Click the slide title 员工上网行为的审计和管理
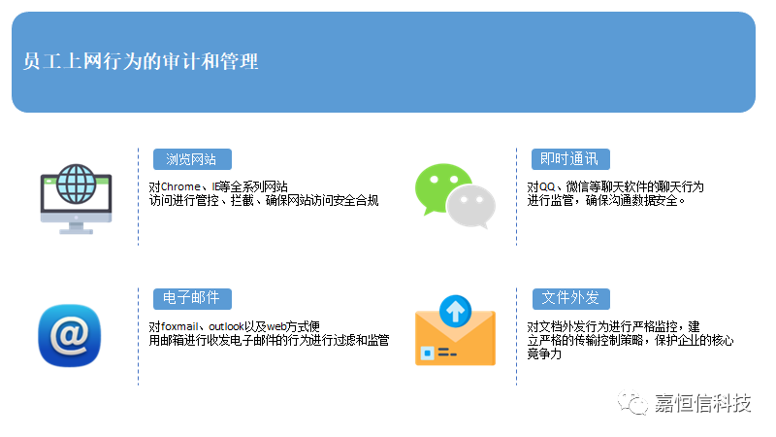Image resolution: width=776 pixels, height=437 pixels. click(141, 61)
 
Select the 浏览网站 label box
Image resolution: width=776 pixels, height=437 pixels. click(192, 159)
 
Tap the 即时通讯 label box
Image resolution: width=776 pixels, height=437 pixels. click(570, 159)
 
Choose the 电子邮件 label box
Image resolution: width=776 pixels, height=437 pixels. click(192, 298)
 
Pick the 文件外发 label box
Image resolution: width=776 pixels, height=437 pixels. click(571, 298)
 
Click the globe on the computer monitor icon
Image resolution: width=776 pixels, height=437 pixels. click(77, 184)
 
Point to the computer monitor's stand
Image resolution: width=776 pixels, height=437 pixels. click(77, 228)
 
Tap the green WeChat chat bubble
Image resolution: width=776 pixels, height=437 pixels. click(442, 188)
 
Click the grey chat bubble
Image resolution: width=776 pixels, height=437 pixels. click(471, 207)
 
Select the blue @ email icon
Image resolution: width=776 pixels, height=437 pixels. click(69, 335)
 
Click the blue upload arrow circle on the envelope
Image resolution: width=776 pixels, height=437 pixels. click(455, 311)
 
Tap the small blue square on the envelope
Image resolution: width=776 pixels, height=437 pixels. click(427, 353)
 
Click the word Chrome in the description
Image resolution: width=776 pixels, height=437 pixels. click(180, 186)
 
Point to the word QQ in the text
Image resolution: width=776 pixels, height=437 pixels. click(547, 186)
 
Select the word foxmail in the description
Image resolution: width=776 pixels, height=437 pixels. click(179, 326)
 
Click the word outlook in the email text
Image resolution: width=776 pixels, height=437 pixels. click(226, 326)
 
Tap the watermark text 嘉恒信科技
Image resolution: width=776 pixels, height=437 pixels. click(702, 403)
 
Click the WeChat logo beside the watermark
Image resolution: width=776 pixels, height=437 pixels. click(632, 402)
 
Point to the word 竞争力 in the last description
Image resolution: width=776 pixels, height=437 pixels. click(544, 353)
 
